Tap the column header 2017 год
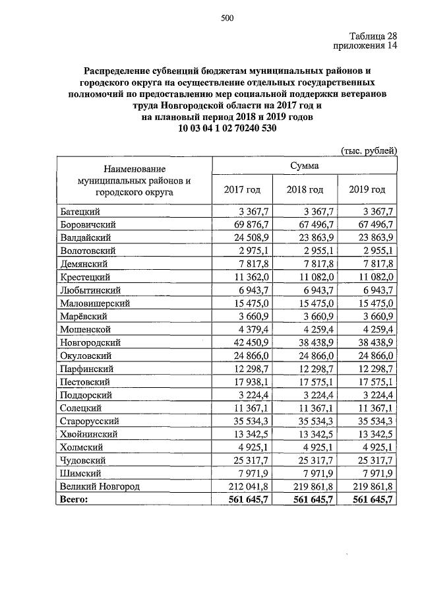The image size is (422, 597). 242,189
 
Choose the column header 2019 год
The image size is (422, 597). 367,189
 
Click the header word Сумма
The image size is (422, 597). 304,165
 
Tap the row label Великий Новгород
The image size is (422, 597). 100,487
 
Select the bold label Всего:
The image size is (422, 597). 73,500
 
